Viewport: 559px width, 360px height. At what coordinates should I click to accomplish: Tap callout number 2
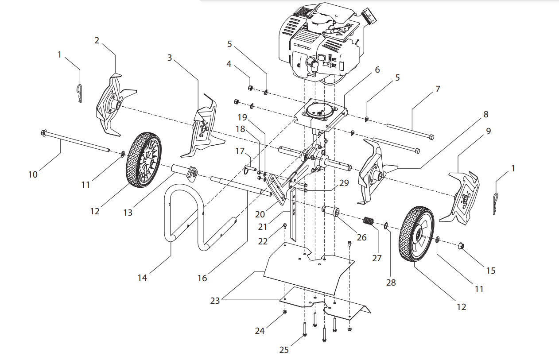97,40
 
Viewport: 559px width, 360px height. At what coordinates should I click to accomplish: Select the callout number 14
142,278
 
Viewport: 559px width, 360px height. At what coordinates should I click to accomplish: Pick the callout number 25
284,350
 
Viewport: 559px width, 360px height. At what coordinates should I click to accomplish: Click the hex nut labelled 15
461,246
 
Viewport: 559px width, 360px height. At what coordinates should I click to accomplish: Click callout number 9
489,132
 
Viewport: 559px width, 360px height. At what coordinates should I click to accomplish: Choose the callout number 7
437,89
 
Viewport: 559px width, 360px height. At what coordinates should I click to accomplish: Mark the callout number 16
202,278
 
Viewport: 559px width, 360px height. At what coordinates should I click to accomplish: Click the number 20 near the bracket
260,214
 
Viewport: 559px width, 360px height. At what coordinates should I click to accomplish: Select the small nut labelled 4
250,88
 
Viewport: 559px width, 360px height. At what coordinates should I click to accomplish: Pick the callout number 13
128,213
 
